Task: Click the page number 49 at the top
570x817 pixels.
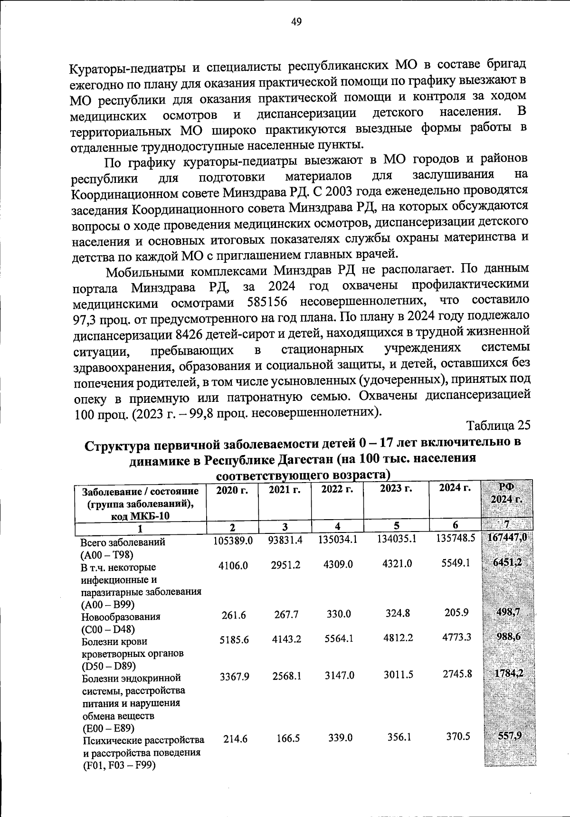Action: point(296,22)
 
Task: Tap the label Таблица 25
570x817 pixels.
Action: point(498,424)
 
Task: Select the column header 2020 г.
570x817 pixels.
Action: point(232,490)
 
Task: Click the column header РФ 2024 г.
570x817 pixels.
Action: point(507,494)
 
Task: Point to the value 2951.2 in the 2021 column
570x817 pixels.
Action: point(286,564)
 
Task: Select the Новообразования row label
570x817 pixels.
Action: point(121,617)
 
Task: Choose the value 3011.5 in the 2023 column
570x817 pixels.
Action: point(397,675)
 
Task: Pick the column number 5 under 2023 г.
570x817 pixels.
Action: point(396,525)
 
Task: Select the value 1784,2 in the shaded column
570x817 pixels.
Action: point(508,673)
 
